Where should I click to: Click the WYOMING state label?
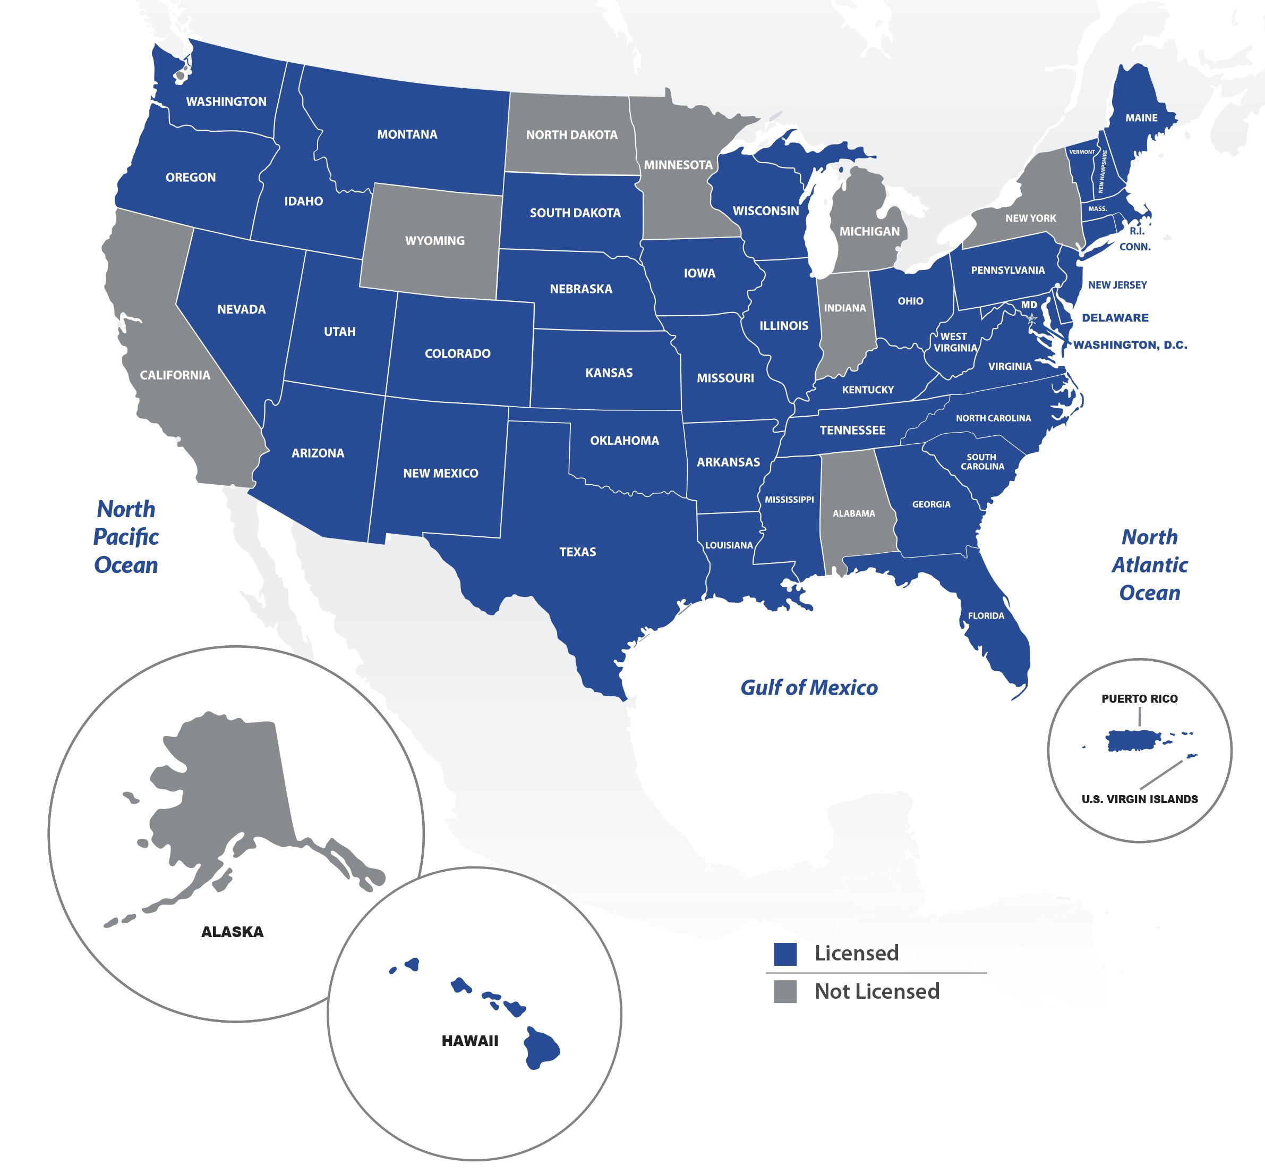click(435, 241)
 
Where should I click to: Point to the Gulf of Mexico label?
click(809, 687)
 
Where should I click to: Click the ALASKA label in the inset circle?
click(232, 932)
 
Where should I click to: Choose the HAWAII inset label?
click(469, 1041)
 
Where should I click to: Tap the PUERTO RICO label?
click(1139, 699)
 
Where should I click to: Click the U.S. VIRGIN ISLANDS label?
click(1139, 799)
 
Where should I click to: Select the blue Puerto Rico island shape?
click(1133, 740)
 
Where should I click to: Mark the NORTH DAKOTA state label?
click(571, 135)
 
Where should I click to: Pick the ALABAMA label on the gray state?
click(853, 513)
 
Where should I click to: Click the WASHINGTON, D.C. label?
click(1130, 345)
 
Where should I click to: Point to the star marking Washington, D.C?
click(1032, 318)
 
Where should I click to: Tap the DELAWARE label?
click(1115, 318)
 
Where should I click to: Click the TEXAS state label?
click(577, 552)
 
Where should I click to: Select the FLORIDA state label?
click(986, 616)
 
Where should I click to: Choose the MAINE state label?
click(1141, 118)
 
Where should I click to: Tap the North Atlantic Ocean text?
click(1149, 565)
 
